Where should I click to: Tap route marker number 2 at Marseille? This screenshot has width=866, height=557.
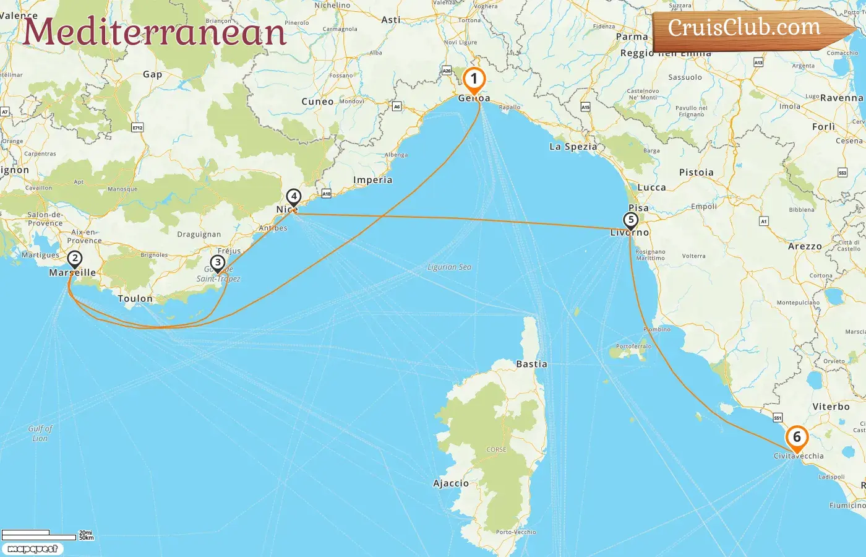tap(74, 259)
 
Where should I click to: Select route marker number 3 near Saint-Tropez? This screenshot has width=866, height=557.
tap(217, 263)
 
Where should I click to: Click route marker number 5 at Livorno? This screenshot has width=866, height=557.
tap(630, 220)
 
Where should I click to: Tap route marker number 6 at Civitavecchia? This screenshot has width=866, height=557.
tap(797, 438)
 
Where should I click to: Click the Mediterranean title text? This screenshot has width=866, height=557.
tap(155, 32)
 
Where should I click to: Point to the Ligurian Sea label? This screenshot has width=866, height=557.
tap(449, 267)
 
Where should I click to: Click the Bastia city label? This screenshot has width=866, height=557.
tap(531, 364)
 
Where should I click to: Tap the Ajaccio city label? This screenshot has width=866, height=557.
tap(451, 483)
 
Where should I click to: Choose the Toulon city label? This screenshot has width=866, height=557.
tap(135, 298)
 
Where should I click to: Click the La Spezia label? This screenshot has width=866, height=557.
tap(573, 147)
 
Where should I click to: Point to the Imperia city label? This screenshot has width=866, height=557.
tap(372, 180)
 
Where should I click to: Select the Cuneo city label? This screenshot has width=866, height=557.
tap(317, 101)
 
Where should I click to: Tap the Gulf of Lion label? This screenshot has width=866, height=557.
tap(40, 433)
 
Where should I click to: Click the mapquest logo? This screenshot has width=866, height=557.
tap(32, 549)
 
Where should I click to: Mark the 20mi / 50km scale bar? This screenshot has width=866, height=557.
tap(46, 534)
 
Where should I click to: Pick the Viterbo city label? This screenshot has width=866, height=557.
tap(831, 407)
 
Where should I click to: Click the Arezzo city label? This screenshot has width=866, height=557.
tap(805, 246)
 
